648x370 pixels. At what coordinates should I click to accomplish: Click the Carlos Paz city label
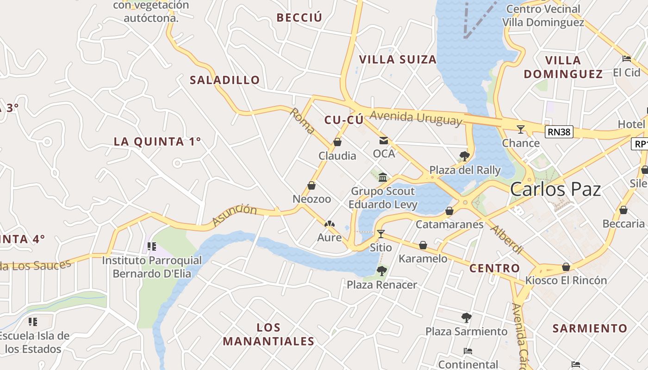tap(555, 190)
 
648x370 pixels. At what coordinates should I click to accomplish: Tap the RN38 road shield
tap(559, 132)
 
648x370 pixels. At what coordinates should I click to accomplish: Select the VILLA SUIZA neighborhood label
tap(398, 60)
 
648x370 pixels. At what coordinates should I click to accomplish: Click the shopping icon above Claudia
tap(337, 142)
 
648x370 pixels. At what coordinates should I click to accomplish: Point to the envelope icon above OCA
tap(384, 141)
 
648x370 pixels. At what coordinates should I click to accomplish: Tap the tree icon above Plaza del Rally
tap(465, 156)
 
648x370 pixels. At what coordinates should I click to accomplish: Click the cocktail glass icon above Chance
tap(521, 129)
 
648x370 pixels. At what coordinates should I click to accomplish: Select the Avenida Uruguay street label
tap(416, 118)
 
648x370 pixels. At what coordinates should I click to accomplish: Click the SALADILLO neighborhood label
tap(225, 80)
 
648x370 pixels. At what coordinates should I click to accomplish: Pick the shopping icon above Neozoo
tap(312, 186)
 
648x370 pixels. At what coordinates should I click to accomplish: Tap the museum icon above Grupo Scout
tap(383, 178)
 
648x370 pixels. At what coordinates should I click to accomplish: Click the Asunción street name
tap(235, 216)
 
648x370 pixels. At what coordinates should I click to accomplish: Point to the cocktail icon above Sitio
tap(380, 234)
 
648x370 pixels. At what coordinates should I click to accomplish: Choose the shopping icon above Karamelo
tap(423, 245)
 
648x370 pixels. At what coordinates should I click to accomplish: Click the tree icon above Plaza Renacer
tap(382, 271)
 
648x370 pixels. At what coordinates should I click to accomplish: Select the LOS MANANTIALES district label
tap(268, 334)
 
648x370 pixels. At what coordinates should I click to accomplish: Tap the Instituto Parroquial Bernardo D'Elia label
tap(152, 267)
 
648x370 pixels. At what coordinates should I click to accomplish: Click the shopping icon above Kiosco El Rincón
tap(566, 267)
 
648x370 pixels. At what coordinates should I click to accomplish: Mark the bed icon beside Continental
tap(468, 351)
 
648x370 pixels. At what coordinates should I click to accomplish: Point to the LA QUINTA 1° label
tap(157, 142)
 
